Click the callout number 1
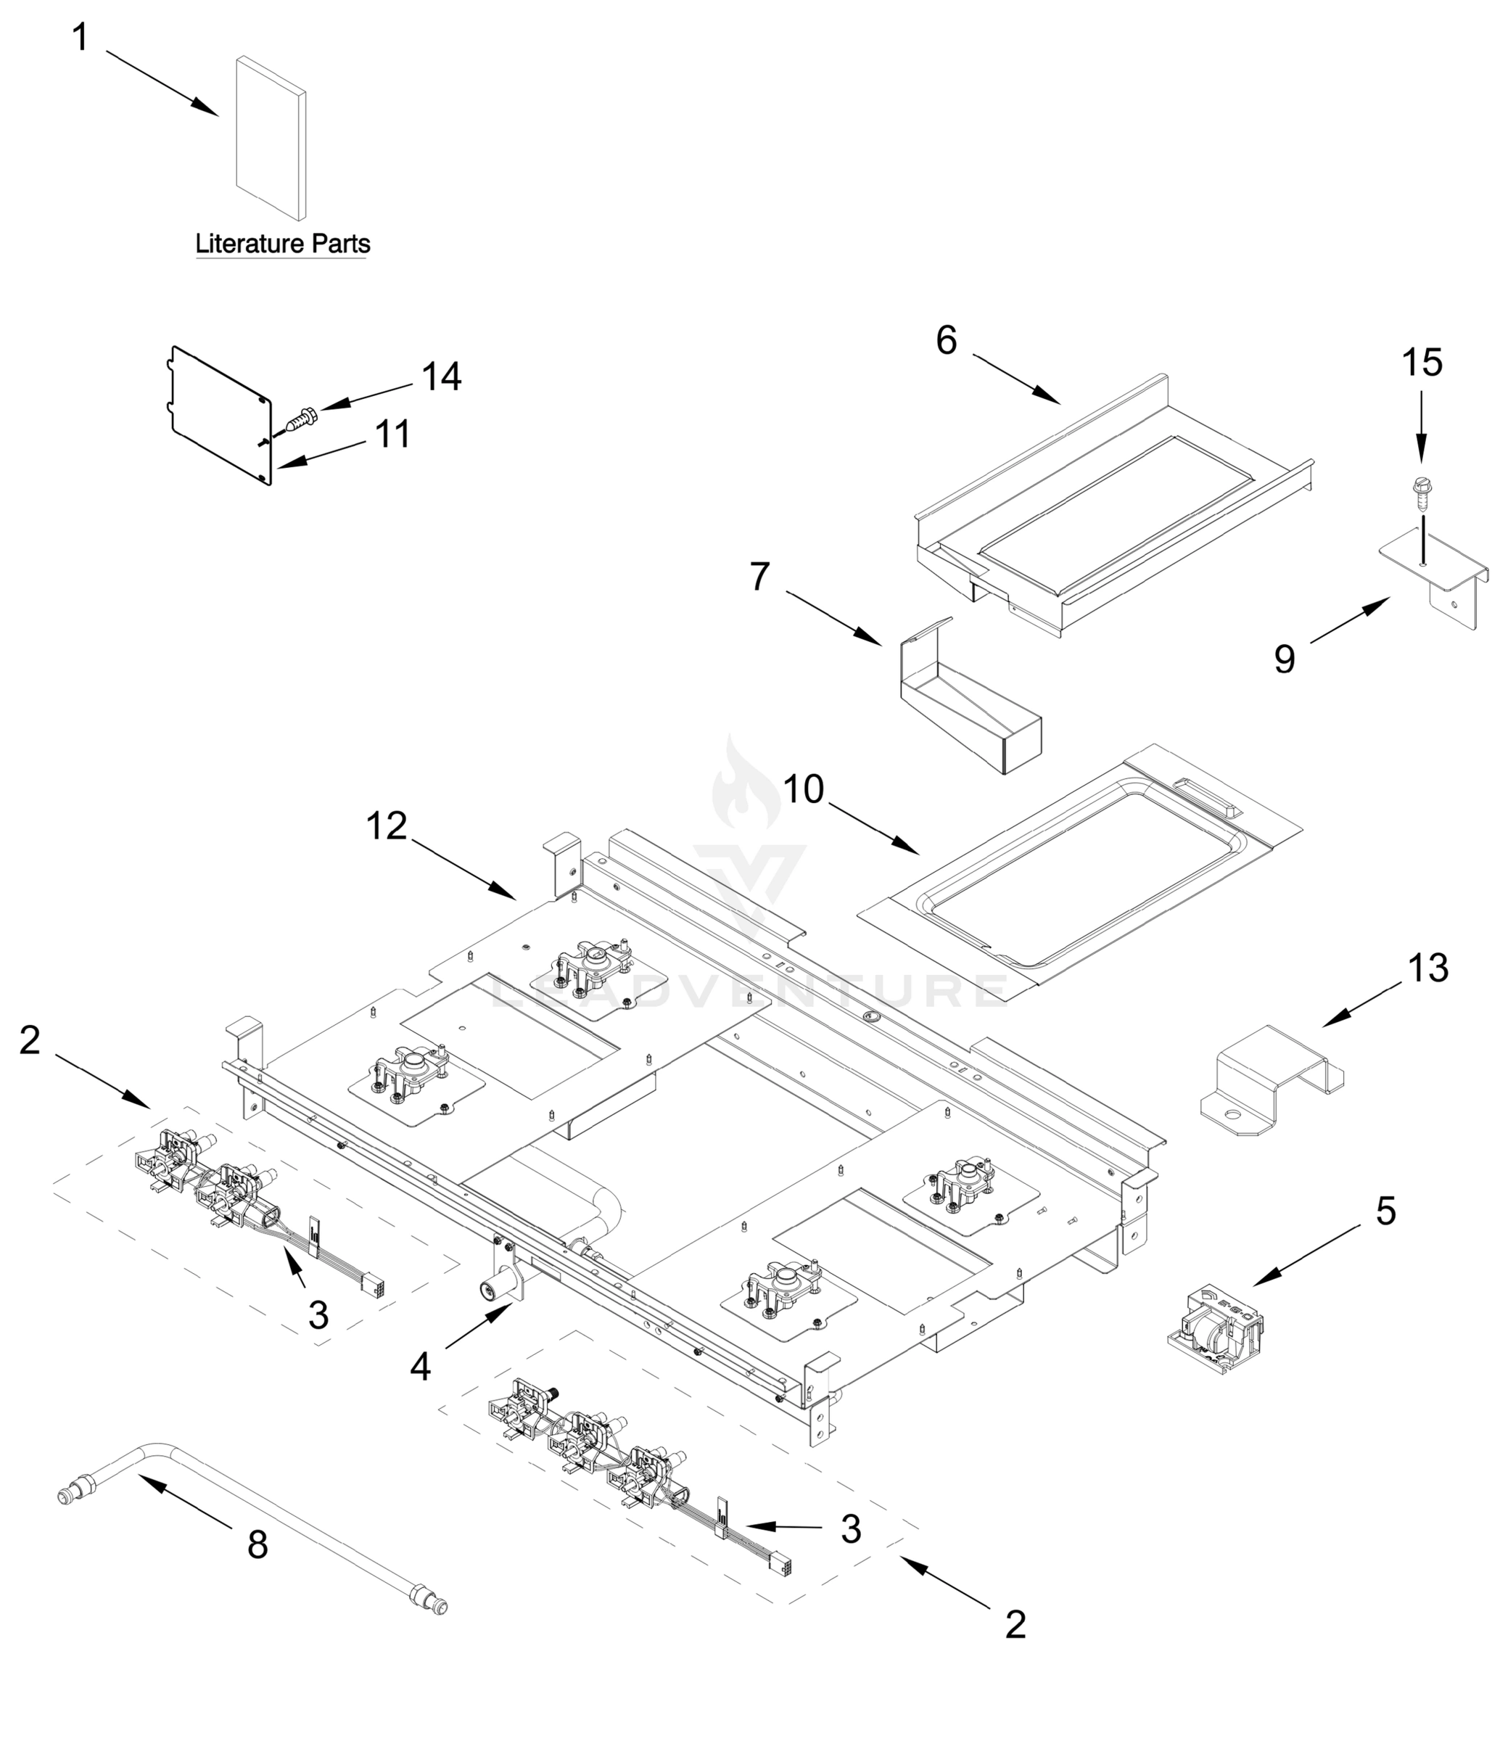click(81, 38)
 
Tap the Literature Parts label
click(282, 244)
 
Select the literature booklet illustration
click(271, 139)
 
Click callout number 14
click(441, 376)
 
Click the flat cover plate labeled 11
click(221, 416)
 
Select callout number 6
click(947, 340)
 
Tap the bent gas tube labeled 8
click(252, 1517)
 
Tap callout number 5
click(1385, 1211)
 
